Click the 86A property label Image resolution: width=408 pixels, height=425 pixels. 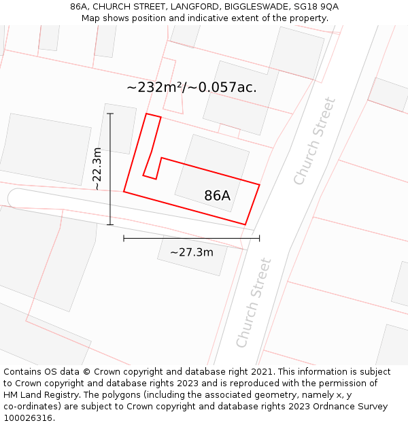217,196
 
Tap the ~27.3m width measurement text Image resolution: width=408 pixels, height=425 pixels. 191,253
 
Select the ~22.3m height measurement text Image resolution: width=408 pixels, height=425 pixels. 98,168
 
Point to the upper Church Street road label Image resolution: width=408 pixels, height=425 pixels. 314,141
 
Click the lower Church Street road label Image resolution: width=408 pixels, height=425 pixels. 254,303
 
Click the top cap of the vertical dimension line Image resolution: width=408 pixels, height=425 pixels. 110,114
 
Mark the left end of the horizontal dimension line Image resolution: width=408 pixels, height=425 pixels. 124,238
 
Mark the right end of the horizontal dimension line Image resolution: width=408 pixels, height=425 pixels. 259,238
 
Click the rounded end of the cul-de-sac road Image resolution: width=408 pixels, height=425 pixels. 15,198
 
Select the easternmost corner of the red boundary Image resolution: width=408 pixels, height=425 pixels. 259,184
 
